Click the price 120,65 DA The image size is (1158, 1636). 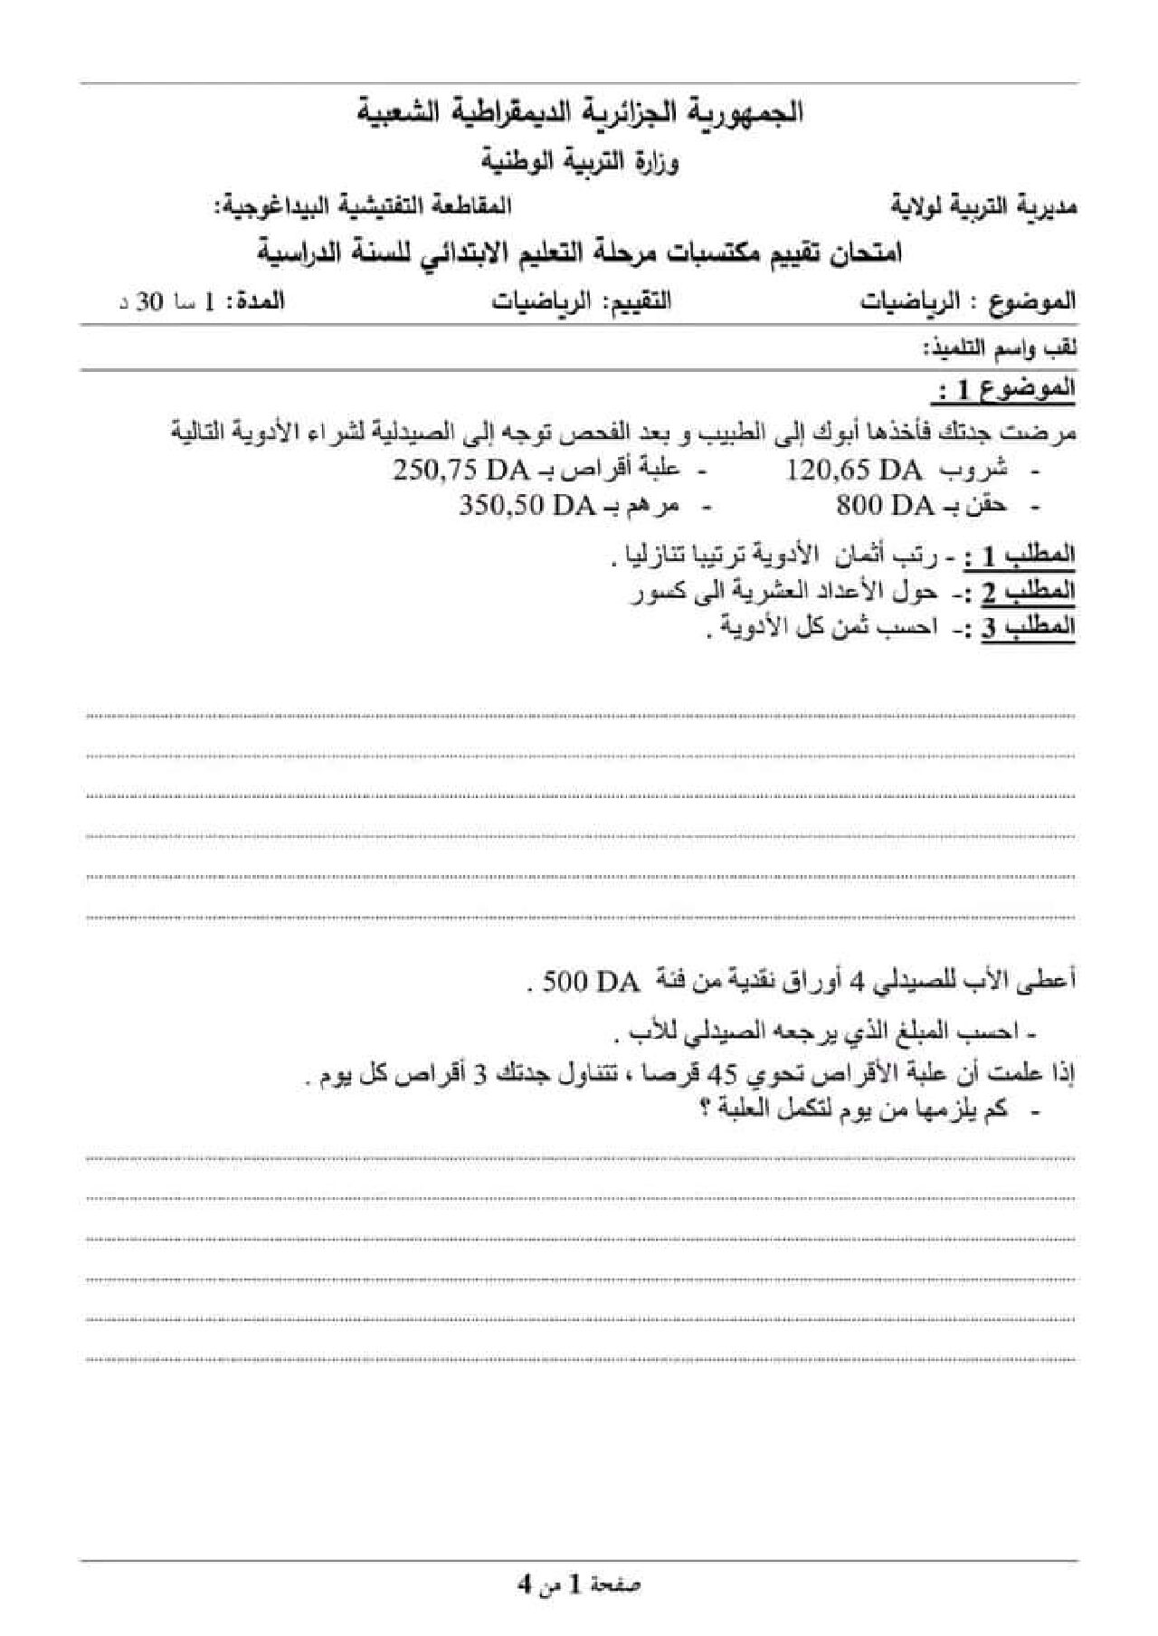(x=854, y=471)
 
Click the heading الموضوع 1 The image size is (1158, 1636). (x=1003, y=391)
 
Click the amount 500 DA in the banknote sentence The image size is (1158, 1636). (x=592, y=983)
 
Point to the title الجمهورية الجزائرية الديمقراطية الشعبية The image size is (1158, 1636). (x=579, y=113)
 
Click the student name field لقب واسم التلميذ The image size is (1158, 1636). (x=999, y=348)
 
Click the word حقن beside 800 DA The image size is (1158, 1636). (x=988, y=506)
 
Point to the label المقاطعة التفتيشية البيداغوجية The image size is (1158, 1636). (x=362, y=206)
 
